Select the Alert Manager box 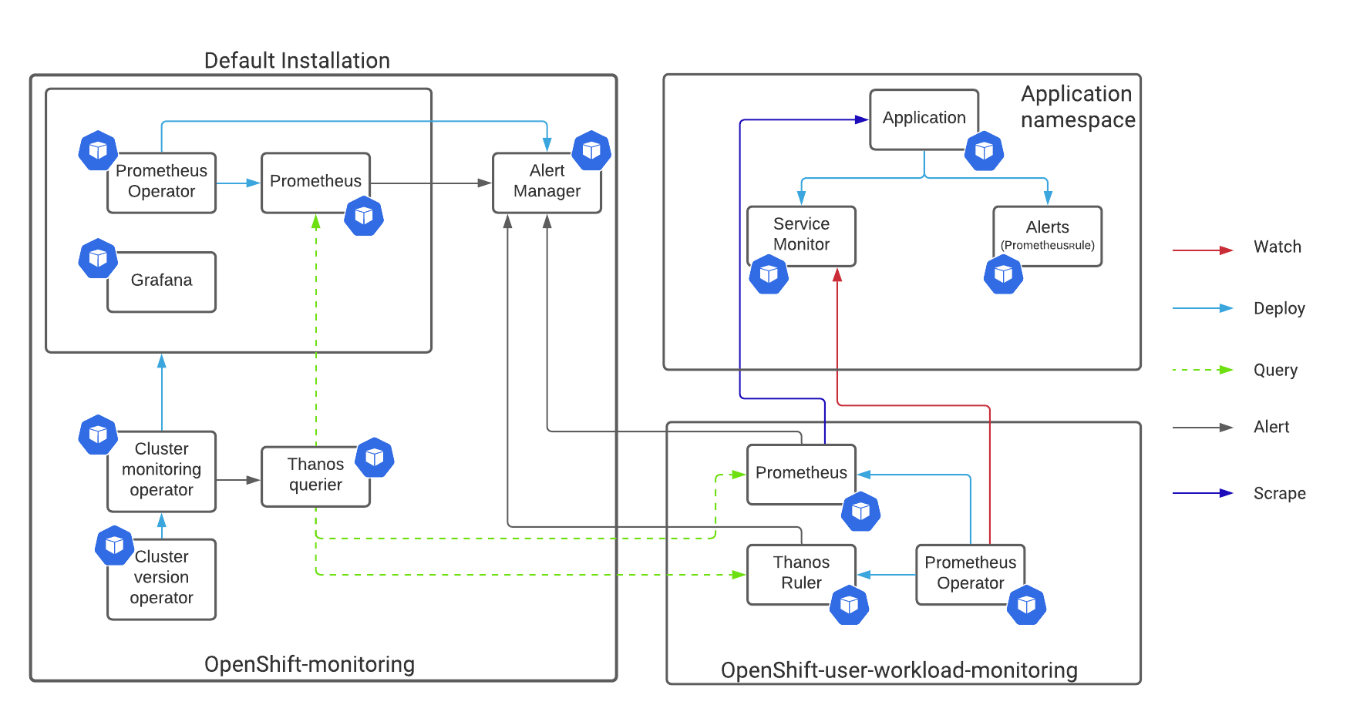[547, 183]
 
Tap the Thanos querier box [315, 476]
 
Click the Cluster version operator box [161, 579]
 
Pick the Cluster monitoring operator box [161, 471]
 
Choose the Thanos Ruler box [801, 574]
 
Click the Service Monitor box [801, 236]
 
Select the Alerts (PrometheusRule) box [1047, 236]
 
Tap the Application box [924, 119]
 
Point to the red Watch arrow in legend [1203, 250]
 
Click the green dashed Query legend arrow [1203, 370]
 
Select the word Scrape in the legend [1279, 493]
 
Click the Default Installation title [297, 60]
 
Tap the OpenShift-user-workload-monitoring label [899, 670]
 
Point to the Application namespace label [1078, 106]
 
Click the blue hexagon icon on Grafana [98, 258]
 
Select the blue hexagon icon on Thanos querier [375, 457]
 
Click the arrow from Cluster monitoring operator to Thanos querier [238, 480]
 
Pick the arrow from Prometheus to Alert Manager [431, 183]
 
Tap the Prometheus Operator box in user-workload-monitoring [970, 574]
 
